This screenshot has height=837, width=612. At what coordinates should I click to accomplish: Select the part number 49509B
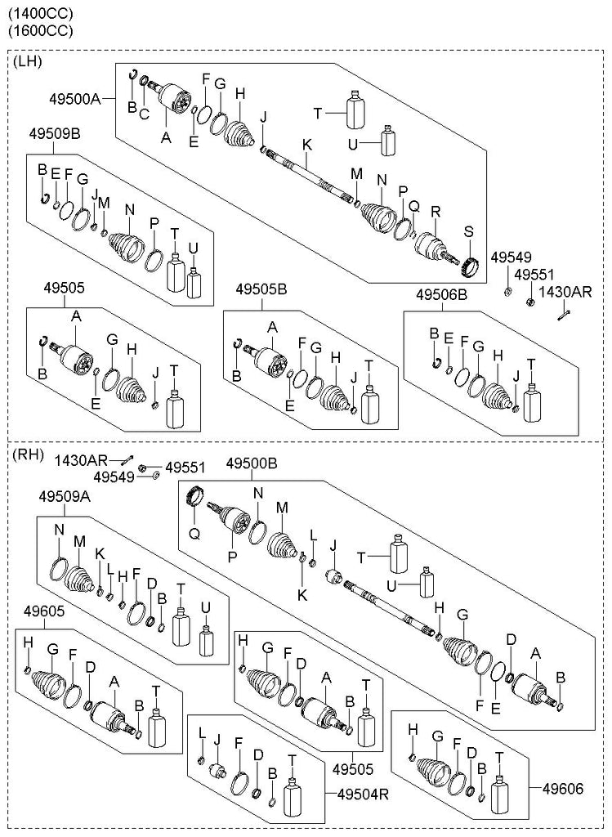pyautogui.click(x=56, y=133)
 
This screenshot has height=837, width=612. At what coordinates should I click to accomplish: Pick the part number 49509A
pyautogui.click(x=62, y=495)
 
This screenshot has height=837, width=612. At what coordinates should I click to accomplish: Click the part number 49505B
pyautogui.click(x=261, y=289)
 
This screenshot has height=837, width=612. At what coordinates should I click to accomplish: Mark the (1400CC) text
pyautogui.click(x=40, y=13)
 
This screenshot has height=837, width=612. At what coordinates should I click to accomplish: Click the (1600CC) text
pyautogui.click(x=40, y=31)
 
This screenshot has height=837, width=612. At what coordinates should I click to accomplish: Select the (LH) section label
pyautogui.click(x=28, y=61)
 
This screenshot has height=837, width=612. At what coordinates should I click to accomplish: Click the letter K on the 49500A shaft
pyautogui.click(x=307, y=145)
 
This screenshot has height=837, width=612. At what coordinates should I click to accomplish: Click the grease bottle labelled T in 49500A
pyautogui.click(x=355, y=110)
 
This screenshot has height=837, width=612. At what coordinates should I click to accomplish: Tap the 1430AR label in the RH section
pyautogui.click(x=76, y=461)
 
